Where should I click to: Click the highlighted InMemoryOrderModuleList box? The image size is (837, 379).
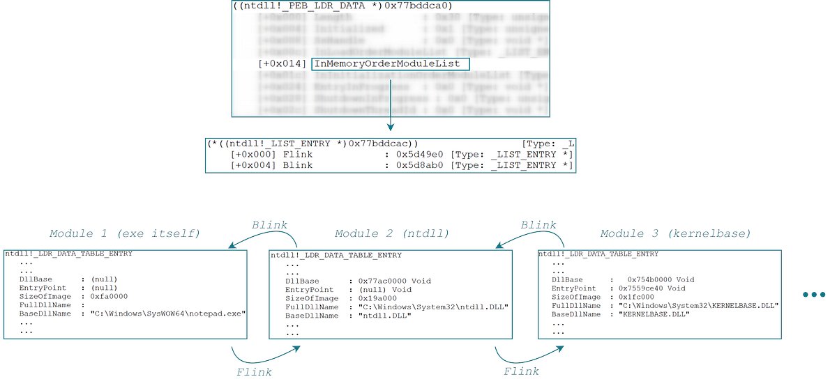(x=391, y=64)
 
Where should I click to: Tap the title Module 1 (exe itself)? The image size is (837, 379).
(x=124, y=233)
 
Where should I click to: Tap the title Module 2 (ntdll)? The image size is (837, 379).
(x=392, y=233)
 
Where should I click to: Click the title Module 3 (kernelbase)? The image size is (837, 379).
(x=675, y=233)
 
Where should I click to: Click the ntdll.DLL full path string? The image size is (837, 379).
(x=432, y=307)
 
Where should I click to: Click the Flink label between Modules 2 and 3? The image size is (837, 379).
(x=521, y=371)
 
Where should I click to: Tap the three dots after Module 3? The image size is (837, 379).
(x=814, y=295)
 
